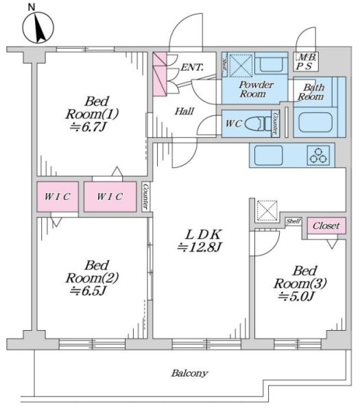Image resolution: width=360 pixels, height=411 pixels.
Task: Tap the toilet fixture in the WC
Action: coord(259,123)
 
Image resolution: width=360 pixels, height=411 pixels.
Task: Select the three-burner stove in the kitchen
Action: coord(318,155)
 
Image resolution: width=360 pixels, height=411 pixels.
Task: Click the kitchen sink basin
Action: coord(268,155)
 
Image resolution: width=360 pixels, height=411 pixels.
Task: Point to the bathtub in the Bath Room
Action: coord(315,123)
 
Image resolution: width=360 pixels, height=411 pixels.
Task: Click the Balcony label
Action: coord(189,373)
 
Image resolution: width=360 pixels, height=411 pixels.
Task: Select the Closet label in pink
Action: coord(326,225)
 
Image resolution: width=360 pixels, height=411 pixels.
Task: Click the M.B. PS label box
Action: coord(306,62)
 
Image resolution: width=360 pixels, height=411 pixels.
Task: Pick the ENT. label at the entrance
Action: coord(192,67)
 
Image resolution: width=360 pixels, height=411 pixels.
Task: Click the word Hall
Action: coord(184,112)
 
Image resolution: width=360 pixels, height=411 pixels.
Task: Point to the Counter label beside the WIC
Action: coord(145,197)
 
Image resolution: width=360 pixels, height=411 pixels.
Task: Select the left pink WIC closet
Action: coord(58,197)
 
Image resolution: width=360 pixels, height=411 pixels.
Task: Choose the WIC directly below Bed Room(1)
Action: coord(110,197)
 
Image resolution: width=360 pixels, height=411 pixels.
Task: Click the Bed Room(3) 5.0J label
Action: coord(300,284)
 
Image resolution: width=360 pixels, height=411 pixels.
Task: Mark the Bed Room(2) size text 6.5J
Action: coord(88,290)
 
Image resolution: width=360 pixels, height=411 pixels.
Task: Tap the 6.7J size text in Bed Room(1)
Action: coord(88,127)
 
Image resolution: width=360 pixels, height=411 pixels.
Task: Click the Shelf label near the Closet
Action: coord(293,221)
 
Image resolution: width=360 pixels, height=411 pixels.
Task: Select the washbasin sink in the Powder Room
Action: coord(271,64)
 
